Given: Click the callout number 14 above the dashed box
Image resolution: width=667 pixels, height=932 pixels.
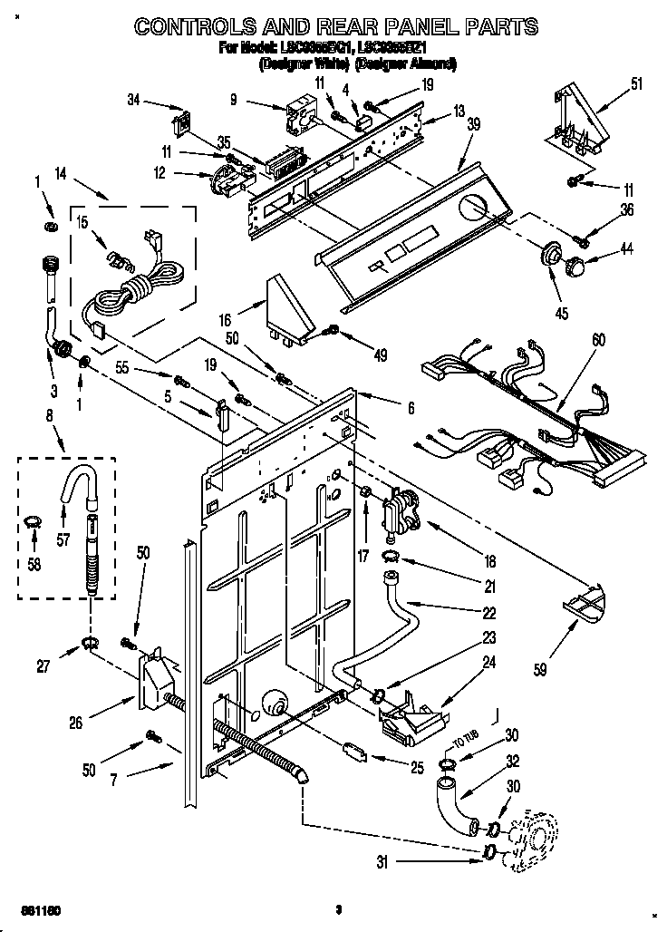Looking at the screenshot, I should click(61, 172).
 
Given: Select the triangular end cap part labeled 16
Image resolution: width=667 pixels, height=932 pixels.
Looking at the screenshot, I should click(288, 308).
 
